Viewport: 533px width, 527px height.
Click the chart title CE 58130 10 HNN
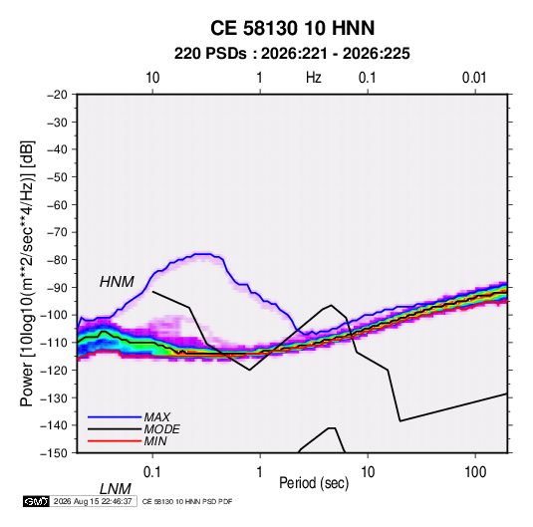point(292,28)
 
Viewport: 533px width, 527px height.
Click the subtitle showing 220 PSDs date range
point(292,54)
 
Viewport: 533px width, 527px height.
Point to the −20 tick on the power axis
point(57,95)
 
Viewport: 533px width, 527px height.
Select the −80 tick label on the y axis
point(57,260)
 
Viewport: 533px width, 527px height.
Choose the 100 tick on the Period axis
point(475,472)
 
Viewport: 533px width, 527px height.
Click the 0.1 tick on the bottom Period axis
point(152,472)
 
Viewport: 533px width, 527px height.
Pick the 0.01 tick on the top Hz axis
point(474,78)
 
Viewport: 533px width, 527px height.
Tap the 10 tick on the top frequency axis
point(152,78)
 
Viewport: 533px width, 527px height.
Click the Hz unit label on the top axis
point(314,78)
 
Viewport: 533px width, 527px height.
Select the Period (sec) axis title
point(314,483)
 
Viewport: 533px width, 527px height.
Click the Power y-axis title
point(27,274)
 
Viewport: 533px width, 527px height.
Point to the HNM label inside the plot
point(117,282)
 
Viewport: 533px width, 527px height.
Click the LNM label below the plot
point(115,489)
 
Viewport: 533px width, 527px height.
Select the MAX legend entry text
point(157,417)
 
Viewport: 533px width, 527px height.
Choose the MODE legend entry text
point(161,429)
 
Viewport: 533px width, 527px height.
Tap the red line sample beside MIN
point(115,441)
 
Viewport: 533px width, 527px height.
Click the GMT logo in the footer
point(36,501)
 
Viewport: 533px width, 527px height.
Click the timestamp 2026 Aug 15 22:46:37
point(93,501)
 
